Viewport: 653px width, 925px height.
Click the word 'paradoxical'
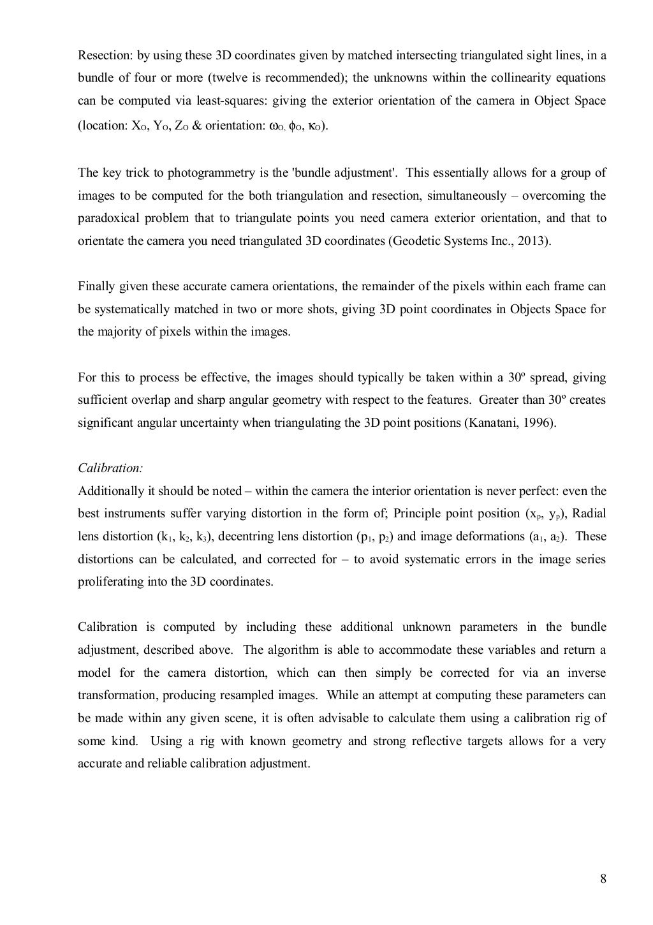[x=106, y=218]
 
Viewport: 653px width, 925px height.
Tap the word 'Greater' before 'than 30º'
[x=499, y=400]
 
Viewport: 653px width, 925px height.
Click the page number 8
[x=603, y=880]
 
